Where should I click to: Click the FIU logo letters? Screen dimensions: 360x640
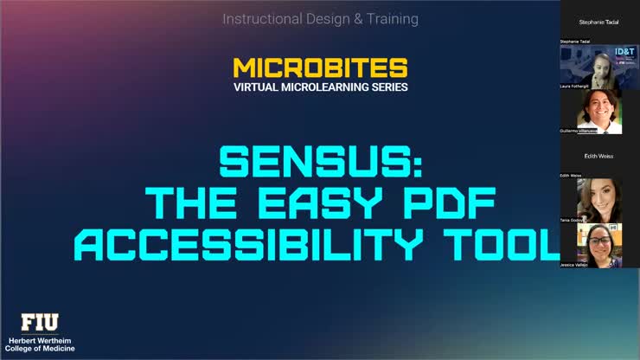[x=40, y=322]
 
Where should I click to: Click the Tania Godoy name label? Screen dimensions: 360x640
[x=573, y=220]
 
